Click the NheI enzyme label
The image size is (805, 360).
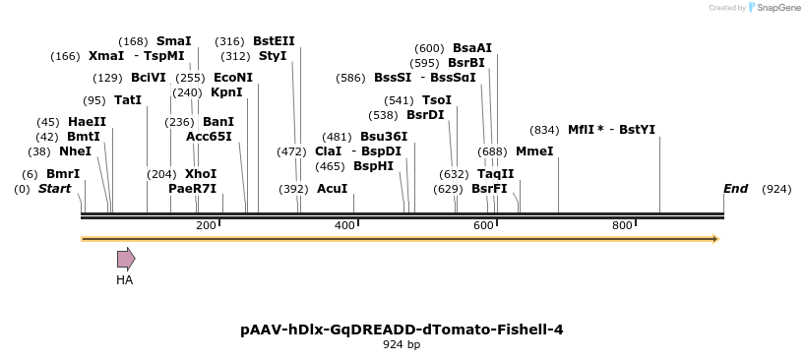pos(75,151)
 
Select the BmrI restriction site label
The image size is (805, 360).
pos(63,173)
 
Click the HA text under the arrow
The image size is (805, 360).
pos(124,280)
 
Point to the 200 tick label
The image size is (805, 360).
pos(206,226)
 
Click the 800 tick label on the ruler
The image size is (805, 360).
pos(622,226)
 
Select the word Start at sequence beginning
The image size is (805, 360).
pos(55,188)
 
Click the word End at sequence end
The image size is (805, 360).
pos(735,188)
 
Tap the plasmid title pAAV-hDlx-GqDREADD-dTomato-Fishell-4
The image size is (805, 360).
pos(402,330)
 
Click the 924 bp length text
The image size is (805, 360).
pos(402,345)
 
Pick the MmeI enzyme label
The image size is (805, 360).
pos(534,151)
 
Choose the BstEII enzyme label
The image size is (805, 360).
pos(274,41)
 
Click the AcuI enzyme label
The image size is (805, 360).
pos(332,188)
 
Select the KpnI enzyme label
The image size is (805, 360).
pos(226,92)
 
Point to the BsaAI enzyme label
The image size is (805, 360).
pos(472,47)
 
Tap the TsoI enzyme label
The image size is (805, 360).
pos(437,99)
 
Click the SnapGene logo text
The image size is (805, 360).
pos(777,8)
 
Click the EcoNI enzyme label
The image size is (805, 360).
pos(233,78)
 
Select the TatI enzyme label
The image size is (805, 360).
pos(128,100)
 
